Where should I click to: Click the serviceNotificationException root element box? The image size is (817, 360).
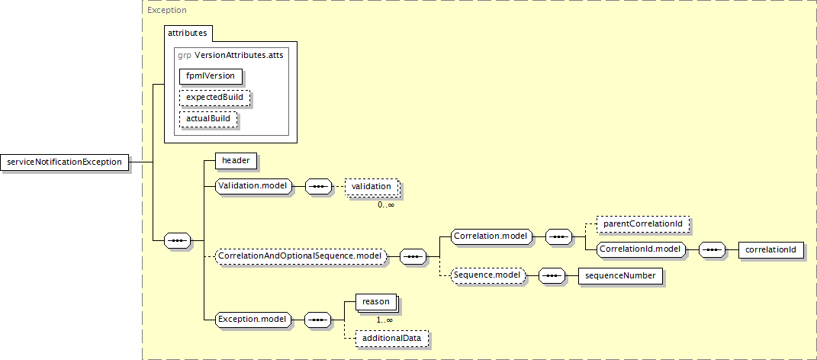click(65, 162)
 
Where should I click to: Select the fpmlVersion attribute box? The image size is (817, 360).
click(211, 76)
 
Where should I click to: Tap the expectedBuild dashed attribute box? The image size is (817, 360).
click(214, 98)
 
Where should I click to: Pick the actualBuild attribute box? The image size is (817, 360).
click(208, 119)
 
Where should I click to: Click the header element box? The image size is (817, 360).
click(236, 161)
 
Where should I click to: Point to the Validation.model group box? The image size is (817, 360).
click(254, 187)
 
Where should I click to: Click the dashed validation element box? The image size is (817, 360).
click(372, 187)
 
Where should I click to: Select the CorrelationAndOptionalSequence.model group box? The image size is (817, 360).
click(301, 256)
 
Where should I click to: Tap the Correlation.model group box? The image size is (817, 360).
click(491, 236)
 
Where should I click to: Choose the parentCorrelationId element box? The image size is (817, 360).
click(644, 224)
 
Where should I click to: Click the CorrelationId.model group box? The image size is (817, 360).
click(641, 249)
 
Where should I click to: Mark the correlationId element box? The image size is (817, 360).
click(770, 249)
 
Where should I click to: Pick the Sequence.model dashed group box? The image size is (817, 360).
click(488, 275)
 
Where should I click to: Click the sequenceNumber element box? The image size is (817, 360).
click(620, 275)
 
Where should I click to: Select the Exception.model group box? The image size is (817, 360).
click(254, 319)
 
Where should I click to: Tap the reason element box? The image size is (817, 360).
click(376, 302)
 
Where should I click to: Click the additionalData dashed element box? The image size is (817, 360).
click(392, 338)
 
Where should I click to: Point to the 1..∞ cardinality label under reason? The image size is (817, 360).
click(384, 320)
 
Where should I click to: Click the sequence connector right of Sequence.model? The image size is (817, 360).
click(552, 275)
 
